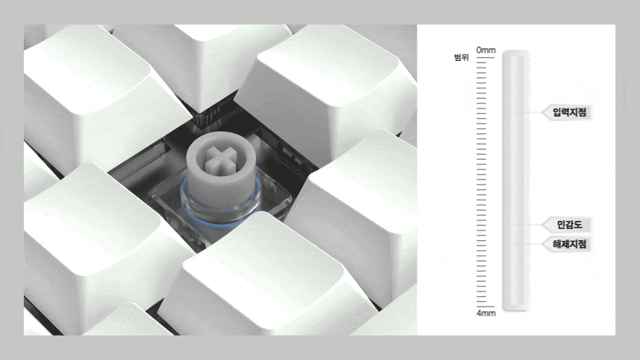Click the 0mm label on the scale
(486, 50)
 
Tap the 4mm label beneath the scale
(486, 313)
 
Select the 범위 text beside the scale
(461, 57)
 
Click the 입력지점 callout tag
(566, 112)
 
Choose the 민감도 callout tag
(566, 225)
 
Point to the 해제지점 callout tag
(566, 244)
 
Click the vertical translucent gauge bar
(516, 181)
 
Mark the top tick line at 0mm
(485, 57)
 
